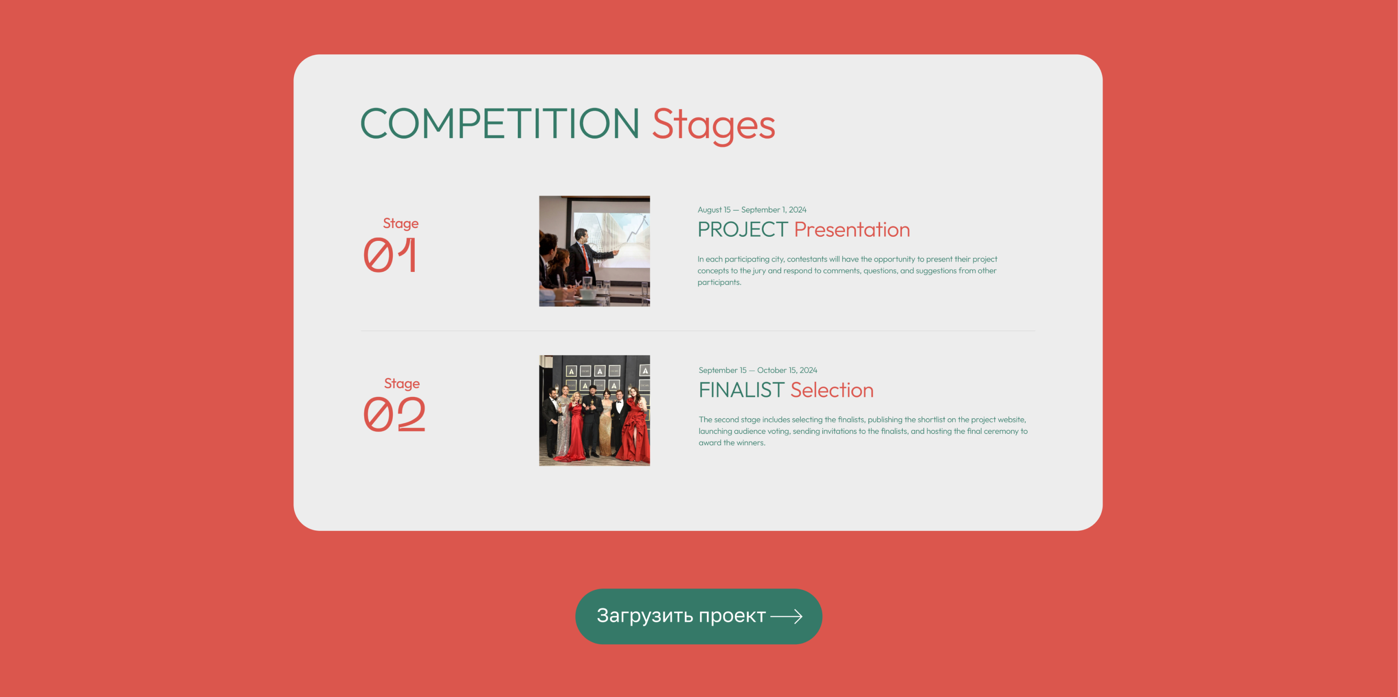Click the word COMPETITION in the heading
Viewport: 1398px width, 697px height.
499,124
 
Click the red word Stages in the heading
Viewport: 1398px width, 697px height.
713,125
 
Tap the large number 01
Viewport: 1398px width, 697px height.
390,255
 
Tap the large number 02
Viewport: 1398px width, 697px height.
395,414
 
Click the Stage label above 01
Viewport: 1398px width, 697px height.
401,224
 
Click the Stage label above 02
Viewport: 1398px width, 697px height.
402,384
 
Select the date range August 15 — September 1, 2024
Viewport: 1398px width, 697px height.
751,210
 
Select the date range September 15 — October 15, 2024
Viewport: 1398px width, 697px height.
757,370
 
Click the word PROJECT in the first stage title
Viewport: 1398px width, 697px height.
742,230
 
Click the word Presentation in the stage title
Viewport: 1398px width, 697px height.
851,230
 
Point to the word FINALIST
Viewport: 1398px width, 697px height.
741,390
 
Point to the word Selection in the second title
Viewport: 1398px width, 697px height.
832,390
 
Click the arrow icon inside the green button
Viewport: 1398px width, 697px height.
787,616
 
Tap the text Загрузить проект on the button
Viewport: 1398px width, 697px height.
681,616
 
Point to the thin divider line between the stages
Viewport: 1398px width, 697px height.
698,331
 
